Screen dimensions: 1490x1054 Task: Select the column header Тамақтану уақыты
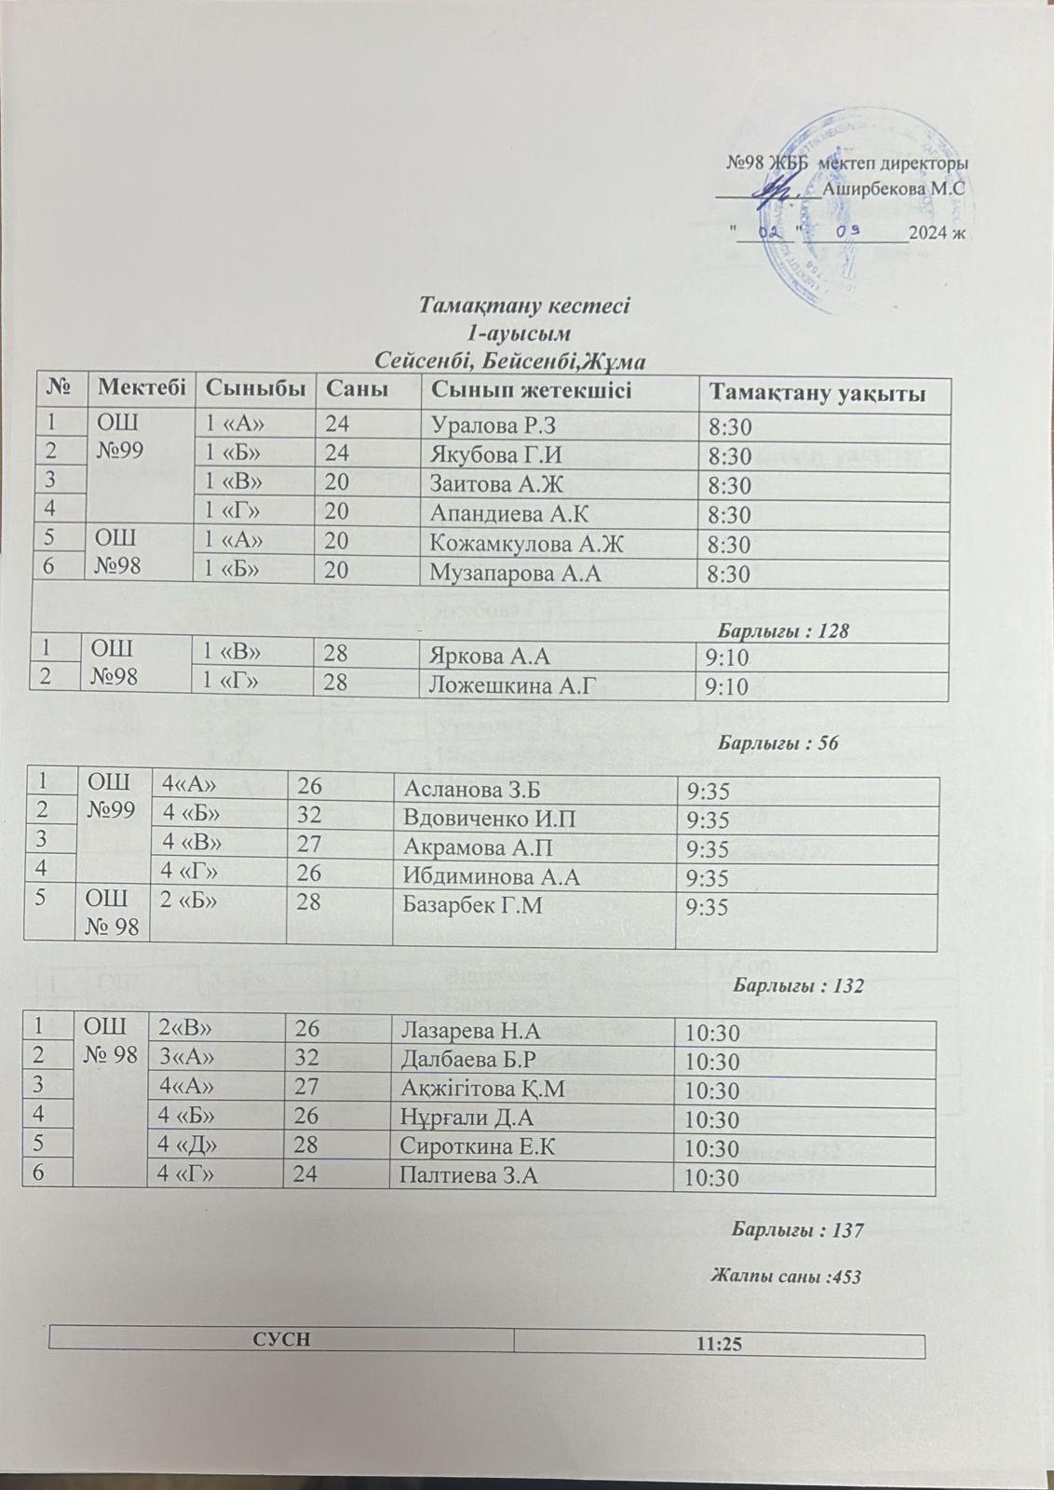(x=817, y=392)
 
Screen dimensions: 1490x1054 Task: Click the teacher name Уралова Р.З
(x=493, y=427)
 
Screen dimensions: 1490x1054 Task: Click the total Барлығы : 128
(x=787, y=630)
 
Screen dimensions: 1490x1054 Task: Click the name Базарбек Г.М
(x=463, y=907)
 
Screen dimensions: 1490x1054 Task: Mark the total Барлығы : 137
(x=798, y=1230)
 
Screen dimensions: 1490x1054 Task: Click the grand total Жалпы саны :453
(x=786, y=1277)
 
